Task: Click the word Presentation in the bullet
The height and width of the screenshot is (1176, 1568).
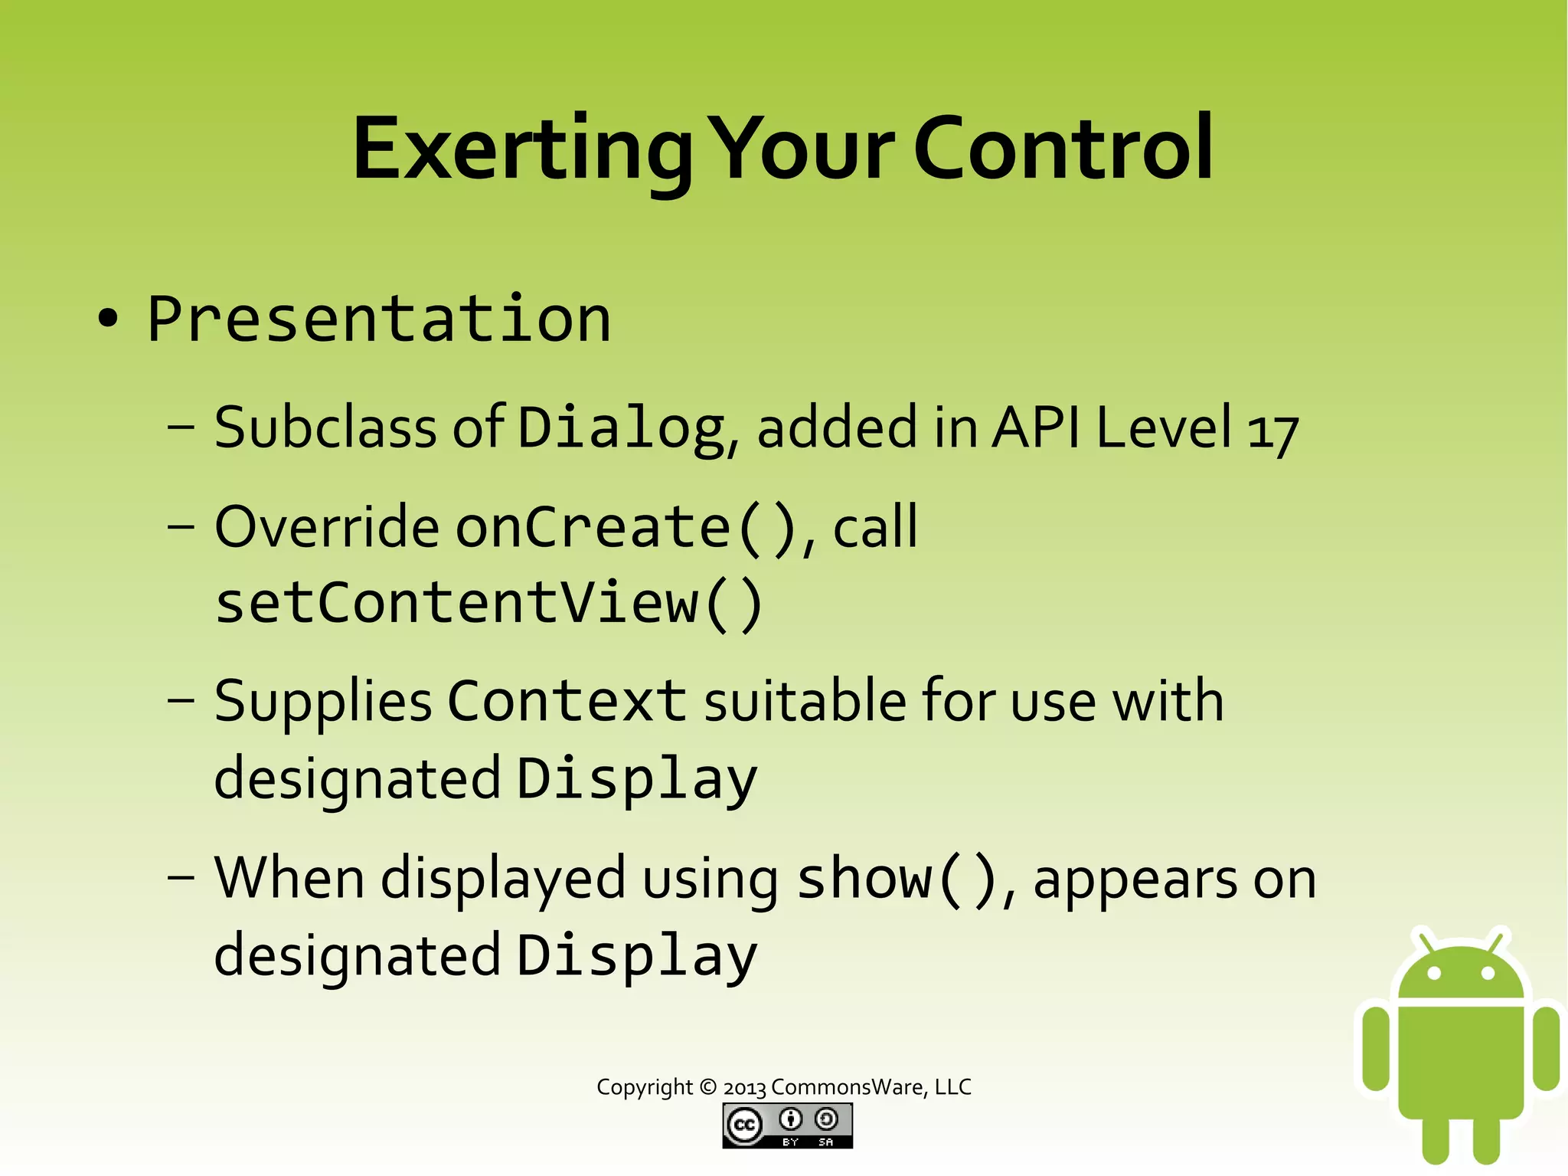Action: tap(379, 319)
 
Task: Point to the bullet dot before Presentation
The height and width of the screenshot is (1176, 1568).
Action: tap(108, 319)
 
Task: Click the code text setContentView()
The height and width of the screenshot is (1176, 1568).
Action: tap(488, 604)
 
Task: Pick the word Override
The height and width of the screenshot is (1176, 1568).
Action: tap(327, 528)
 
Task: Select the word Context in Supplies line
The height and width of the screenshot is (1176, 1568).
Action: tap(567, 701)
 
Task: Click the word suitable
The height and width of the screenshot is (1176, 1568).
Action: tap(804, 701)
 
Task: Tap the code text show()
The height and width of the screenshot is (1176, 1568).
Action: tap(897, 879)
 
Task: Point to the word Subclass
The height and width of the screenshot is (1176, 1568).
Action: tap(325, 427)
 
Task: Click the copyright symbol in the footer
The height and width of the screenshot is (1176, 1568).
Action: tap(708, 1087)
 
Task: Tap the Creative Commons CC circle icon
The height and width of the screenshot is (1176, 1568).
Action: tap(743, 1125)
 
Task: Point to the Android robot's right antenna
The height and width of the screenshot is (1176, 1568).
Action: tap(1498, 939)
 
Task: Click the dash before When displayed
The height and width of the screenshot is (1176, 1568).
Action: tap(181, 877)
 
